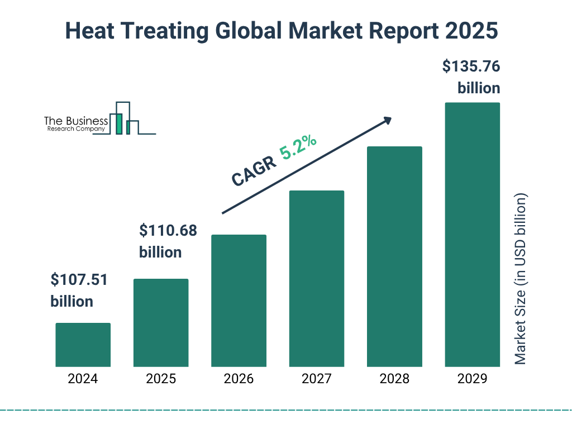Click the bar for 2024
point(83,345)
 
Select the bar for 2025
point(161,322)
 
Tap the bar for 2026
point(239,301)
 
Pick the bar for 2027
point(316,278)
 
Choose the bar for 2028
point(394,256)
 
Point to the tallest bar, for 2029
point(472,235)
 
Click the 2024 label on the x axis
point(83,379)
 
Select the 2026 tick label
point(239,379)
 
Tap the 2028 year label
point(394,379)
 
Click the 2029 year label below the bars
point(472,379)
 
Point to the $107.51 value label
point(78,279)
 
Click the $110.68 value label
point(168,230)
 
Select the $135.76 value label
point(471,66)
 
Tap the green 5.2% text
point(298,147)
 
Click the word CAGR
point(253,171)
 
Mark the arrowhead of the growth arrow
point(387,121)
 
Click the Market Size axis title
point(521,279)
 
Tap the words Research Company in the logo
point(76,129)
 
